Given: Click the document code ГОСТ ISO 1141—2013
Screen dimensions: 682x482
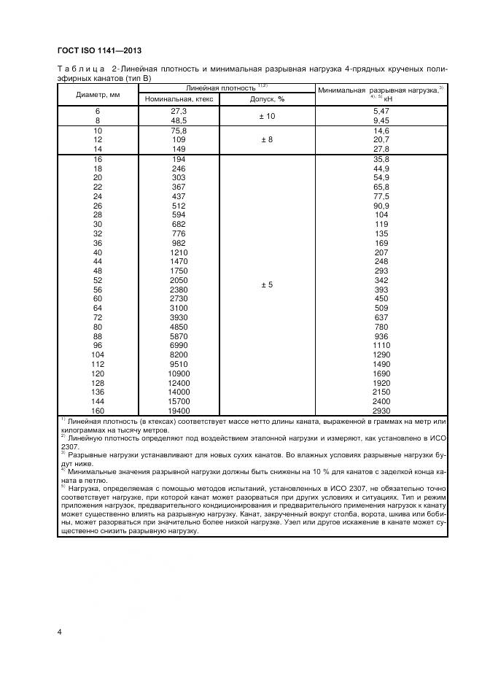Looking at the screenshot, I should [99, 50].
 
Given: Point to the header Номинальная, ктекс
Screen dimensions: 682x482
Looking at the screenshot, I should [179, 98].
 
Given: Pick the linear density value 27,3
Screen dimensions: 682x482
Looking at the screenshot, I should [179, 111].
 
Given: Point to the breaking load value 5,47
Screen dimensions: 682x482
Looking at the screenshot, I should [380, 111].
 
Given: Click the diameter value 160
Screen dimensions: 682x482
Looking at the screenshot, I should [98, 410].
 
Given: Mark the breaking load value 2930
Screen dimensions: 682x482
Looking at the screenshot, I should [380, 410].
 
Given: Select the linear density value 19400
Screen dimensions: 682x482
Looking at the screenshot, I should [179, 410].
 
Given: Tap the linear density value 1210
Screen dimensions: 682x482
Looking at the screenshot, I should [179, 252].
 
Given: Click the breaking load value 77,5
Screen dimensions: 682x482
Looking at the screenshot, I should [380, 197].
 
